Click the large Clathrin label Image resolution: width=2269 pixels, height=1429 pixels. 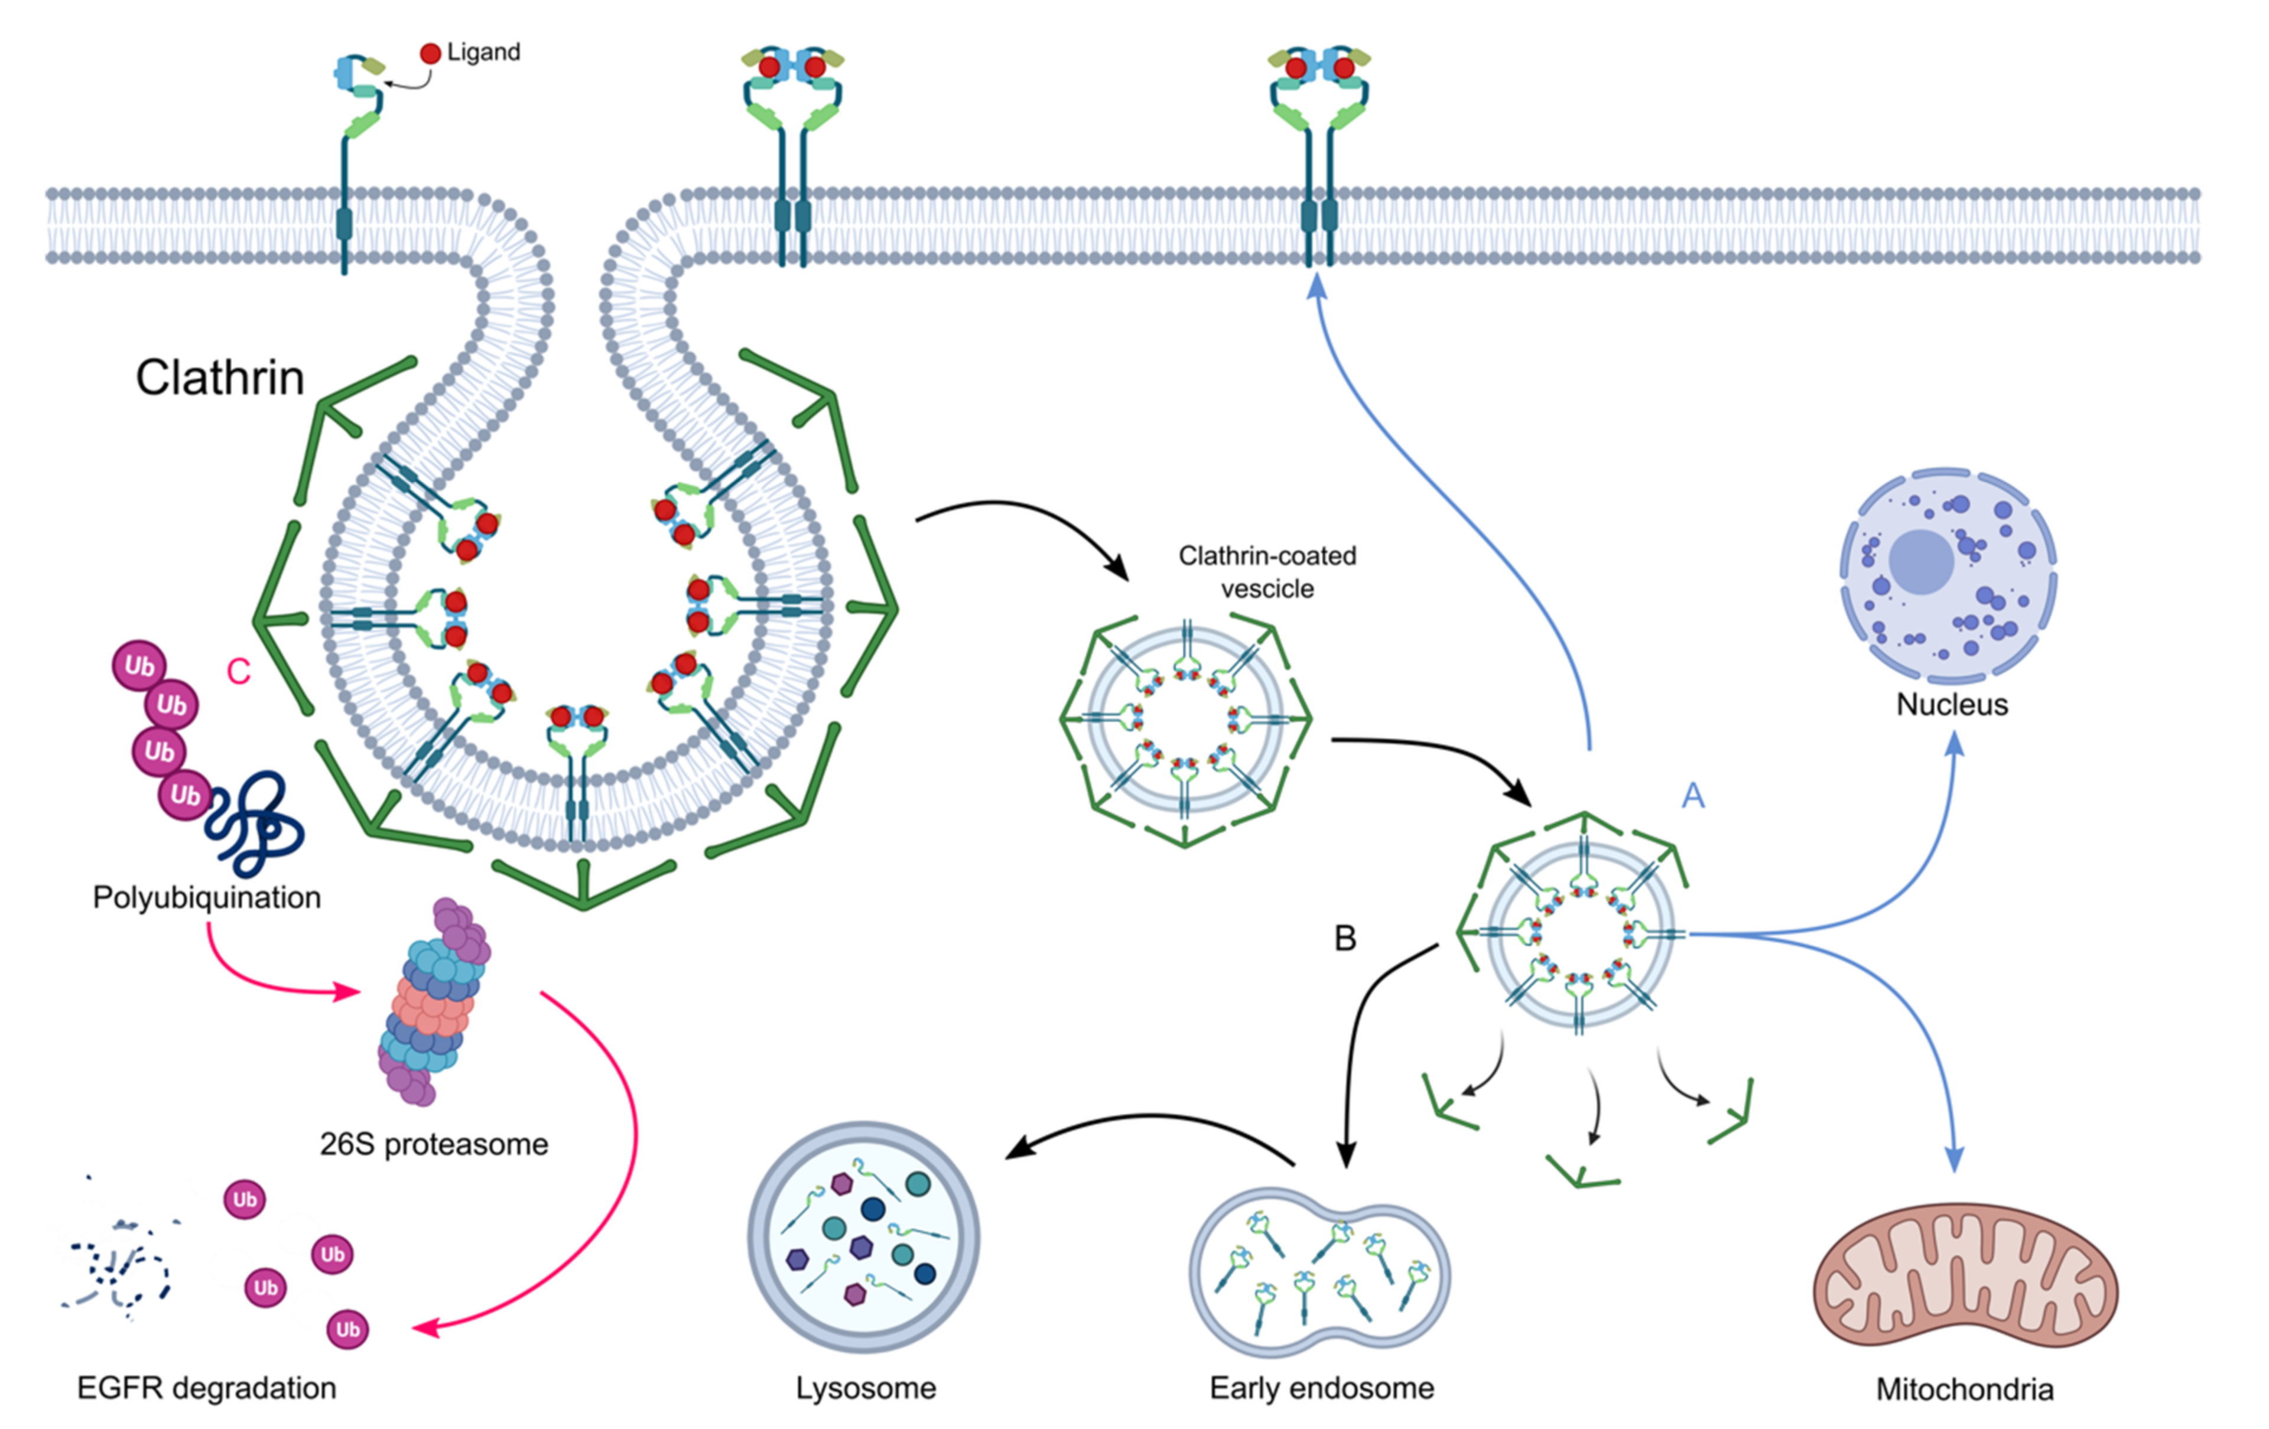[220, 377]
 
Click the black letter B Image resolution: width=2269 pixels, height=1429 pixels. [1345, 938]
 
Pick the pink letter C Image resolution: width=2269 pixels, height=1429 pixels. [238, 672]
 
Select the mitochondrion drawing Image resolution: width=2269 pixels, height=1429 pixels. [1965, 1277]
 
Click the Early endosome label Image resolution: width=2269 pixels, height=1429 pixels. [1321, 1388]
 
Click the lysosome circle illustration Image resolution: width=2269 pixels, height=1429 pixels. [863, 1237]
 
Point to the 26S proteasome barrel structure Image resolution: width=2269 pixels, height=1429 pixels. [434, 1003]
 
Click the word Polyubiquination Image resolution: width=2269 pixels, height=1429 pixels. [206, 897]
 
